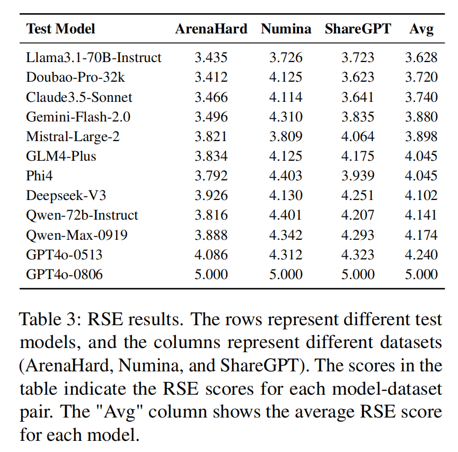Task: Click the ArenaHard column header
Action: (x=211, y=29)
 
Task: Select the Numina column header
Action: (x=286, y=29)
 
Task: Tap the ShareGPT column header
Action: (x=358, y=29)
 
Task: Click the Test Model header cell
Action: (x=60, y=29)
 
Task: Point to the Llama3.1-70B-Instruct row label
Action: (x=94, y=58)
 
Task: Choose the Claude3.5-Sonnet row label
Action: (x=79, y=97)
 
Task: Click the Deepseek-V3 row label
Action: (x=66, y=195)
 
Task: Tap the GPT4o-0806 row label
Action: (x=64, y=274)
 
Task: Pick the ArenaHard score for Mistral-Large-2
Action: (x=211, y=136)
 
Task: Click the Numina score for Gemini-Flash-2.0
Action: (x=286, y=117)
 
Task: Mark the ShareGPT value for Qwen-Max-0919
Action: (x=358, y=234)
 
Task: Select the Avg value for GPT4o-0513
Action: (x=421, y=254)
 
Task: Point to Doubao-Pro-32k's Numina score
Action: (x=286, y=77)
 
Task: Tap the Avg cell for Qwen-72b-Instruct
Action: (x=421, y=215)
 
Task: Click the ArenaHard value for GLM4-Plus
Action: (x=211, y=156)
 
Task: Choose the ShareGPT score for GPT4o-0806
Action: (x=358, y=274)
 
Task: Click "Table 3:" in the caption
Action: (x=51, y=319)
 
